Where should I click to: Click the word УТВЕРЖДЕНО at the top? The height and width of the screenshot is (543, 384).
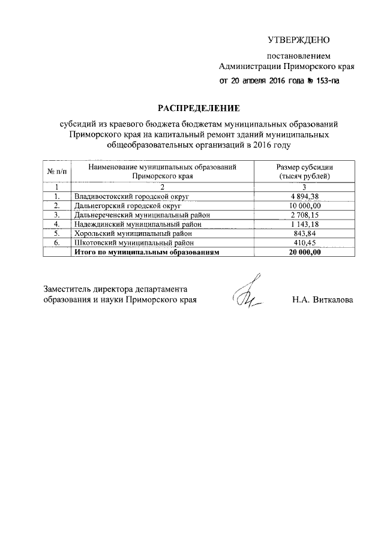(x=299, y=40)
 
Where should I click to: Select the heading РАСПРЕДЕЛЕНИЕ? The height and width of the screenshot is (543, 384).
(x=197, y=108)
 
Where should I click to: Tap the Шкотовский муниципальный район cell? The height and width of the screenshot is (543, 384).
(x=133, y=244)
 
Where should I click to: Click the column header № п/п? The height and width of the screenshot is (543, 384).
(x=56, y=172)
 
